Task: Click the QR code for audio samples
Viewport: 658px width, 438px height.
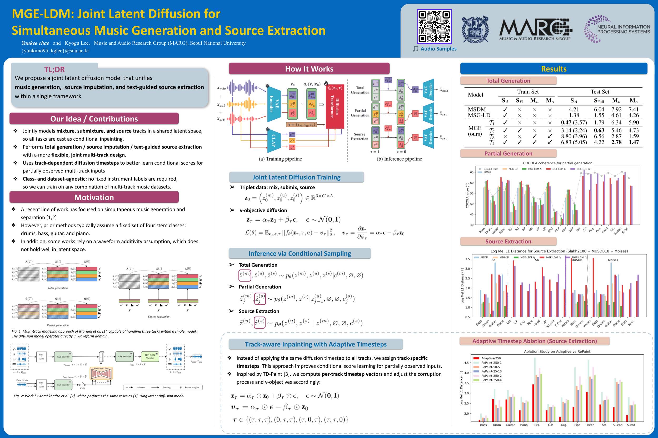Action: tap(434, 27)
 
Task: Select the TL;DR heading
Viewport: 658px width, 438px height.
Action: tap(54, 69)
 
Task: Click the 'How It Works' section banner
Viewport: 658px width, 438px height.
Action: tap(309, 69)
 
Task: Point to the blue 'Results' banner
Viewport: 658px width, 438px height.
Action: tap(554, 69)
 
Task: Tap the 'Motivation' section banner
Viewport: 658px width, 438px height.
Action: tap(94, 197)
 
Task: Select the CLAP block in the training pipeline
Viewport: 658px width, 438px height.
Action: tap(274, 140)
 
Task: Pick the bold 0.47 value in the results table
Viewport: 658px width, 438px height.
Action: tap(566, 122)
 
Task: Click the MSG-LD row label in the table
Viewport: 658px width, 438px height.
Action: tap(479, 115)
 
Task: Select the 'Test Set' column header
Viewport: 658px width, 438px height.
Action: tap(600, 91)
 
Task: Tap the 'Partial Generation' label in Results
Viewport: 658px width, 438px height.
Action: tap(508, 153)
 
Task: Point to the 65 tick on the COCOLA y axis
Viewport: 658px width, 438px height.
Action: tap(471, 172)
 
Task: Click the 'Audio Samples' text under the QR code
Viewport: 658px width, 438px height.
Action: tap(438, 49)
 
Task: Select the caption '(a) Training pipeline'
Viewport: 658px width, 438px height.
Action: tap(280, 159)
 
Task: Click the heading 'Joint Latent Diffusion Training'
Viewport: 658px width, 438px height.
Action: tap(296, 177)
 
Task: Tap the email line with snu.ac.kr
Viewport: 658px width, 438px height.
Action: tap(55, 51)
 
